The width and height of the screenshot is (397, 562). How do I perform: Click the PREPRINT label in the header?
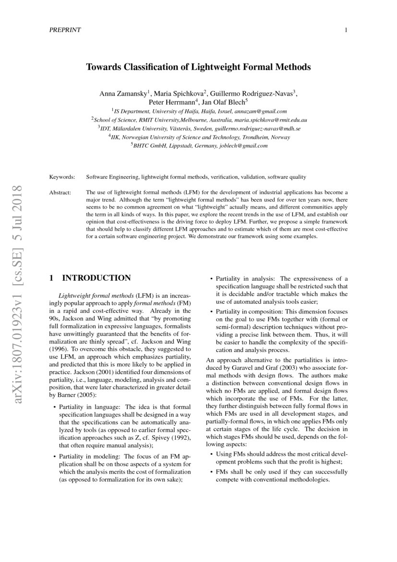[x=65, y=30]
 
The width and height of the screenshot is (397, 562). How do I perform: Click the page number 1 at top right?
[x=346, y=30]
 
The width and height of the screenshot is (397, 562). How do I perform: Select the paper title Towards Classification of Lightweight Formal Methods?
[x=198, y=67]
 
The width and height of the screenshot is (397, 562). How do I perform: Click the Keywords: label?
[x=62, y=177]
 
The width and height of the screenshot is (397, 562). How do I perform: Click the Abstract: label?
[x=60, y=192]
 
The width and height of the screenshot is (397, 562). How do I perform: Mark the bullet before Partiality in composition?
[x=212, y=311]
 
